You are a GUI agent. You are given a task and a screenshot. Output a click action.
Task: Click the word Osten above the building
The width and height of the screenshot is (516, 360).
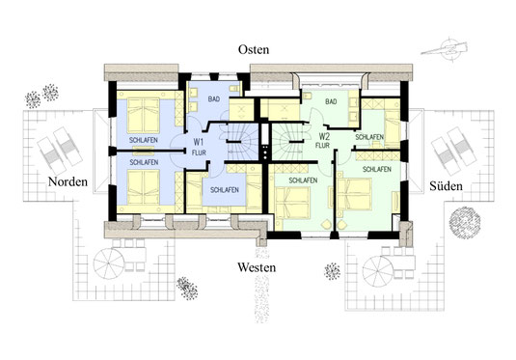pos(254,49)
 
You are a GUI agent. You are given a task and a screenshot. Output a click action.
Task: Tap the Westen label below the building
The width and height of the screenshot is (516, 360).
pos(257,267)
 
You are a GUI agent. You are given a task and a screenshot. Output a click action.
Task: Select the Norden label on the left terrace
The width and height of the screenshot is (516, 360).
pos(68,181)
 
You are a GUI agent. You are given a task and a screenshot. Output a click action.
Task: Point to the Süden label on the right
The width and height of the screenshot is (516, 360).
pos(446,186)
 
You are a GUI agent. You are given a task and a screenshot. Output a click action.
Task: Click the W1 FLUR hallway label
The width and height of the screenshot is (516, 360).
pos(199,147)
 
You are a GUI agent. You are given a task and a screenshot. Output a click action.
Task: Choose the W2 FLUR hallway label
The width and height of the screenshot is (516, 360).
pos(324,140)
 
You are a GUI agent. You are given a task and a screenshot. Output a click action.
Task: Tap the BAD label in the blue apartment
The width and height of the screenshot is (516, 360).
pos(213,98)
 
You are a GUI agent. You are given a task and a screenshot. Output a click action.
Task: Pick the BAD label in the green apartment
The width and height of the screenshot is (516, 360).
pos(331,101)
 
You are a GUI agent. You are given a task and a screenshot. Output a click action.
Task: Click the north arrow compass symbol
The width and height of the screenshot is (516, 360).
pos(445,49)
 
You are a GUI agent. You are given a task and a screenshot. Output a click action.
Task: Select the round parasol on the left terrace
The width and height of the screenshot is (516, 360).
pos(109,263)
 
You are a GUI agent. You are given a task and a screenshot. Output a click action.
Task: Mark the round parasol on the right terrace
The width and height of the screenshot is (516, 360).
pos(379,271)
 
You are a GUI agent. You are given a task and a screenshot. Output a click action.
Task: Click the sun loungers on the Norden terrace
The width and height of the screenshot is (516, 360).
pos(60,151)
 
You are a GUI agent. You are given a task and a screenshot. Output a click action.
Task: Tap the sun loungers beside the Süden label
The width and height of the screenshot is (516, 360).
pos(453,151)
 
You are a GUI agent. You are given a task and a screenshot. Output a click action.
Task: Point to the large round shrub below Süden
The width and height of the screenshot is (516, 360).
pos(465,222)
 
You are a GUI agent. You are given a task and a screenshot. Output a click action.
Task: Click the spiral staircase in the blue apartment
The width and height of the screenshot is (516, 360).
pos(242,139)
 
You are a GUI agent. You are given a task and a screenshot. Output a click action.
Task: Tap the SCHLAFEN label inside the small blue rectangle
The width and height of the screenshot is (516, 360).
pos(224,190)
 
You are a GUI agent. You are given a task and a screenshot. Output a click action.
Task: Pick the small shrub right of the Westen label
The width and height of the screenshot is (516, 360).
pos(332,271)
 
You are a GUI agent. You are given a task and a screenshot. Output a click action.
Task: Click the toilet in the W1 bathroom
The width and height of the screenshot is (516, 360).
pos(234,89)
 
